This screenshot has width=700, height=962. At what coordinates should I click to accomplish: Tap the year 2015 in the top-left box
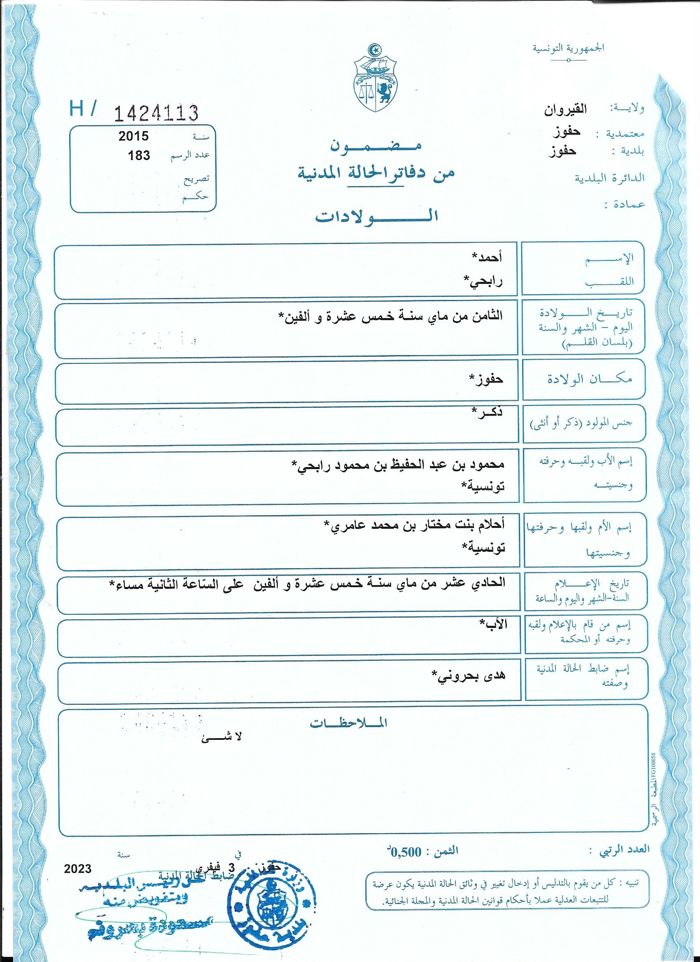(x=134, y=136)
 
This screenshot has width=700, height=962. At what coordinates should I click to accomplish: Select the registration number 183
(x=139, y=155)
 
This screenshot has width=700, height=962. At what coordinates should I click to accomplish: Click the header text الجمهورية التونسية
(x=568, y=48)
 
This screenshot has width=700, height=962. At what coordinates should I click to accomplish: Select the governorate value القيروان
(x=565, y=111)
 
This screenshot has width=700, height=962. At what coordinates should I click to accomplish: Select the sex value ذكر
(x=488, y=413)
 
